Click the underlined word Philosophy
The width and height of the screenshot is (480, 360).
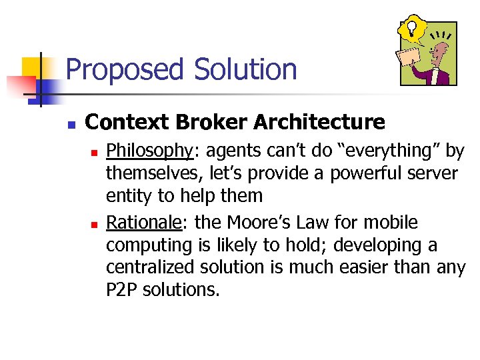coord(149,151)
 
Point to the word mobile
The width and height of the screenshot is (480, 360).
coord(393,222)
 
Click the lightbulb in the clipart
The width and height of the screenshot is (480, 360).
coord(412,28)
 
